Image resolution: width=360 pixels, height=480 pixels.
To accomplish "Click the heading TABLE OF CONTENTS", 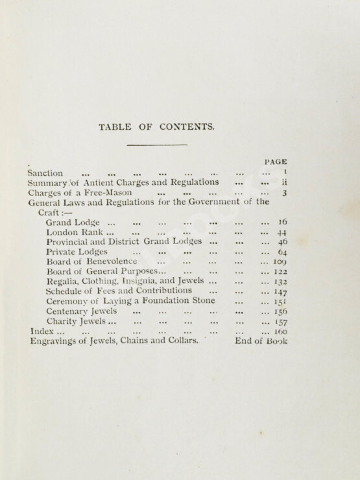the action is [x=156, y=127].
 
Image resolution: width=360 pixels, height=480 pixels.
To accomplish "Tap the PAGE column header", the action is [x=276, y=161].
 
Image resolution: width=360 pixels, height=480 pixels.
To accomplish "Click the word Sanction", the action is [x=45, y=173].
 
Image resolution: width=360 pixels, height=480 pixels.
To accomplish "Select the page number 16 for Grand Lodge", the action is [x=282, y=222].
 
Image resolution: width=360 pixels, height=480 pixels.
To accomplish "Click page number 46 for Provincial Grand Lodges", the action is [x=282, y=241].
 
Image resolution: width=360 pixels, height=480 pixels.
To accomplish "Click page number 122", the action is [x=280, y=271].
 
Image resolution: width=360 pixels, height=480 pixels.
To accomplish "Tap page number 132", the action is [x=280, y=282].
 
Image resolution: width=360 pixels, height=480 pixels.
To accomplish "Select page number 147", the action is [x=280, y=291].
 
